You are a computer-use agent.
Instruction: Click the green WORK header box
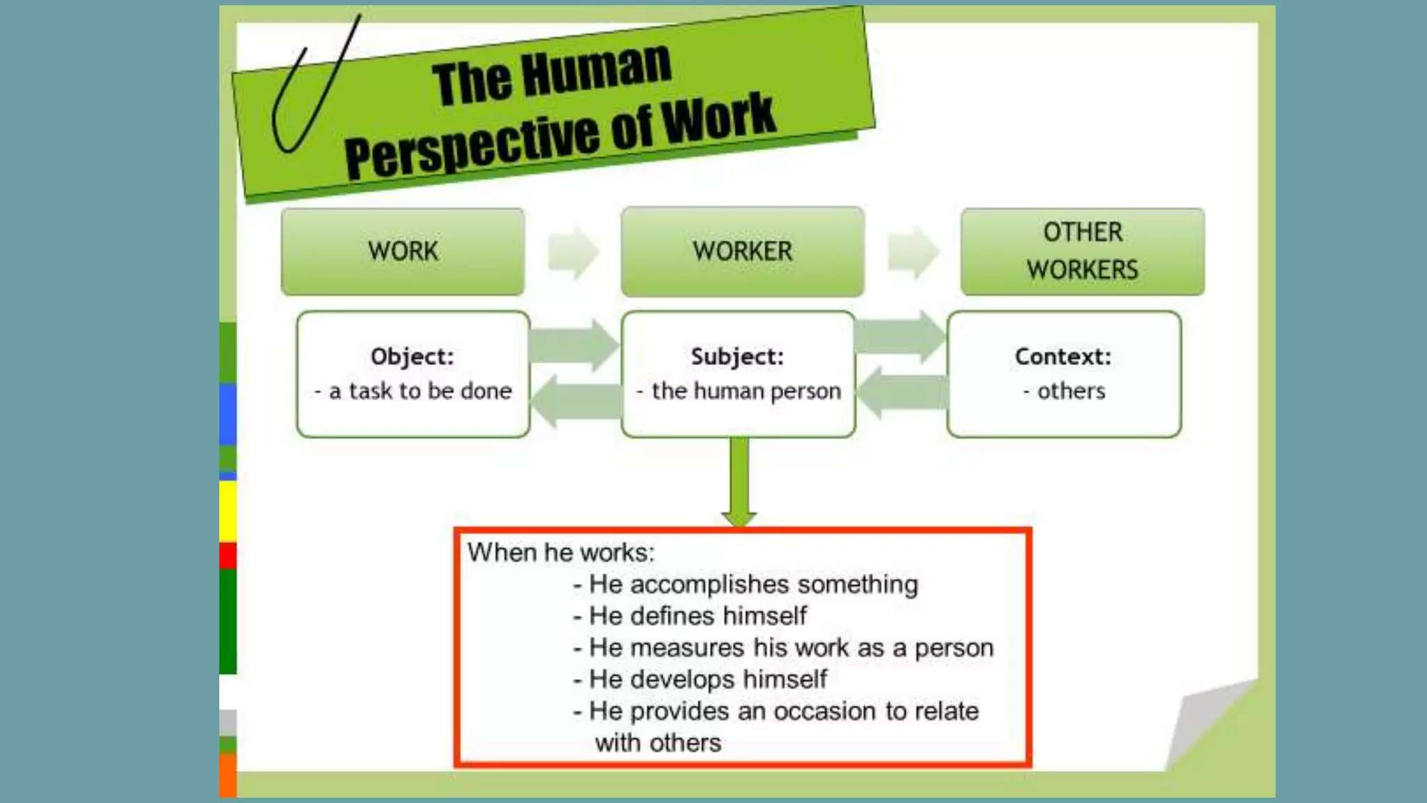pos(403,252)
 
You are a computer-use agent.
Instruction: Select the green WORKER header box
pos(742,252)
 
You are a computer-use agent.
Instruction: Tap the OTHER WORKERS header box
pos(1082,252)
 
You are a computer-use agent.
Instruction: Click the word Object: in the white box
pos(412,357)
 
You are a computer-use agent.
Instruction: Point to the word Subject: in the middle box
pos(737,357)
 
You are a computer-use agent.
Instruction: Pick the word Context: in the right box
pos(1063,357)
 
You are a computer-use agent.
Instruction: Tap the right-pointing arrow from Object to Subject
pos(574,344)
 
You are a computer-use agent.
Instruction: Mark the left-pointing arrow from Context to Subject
pos(902,392)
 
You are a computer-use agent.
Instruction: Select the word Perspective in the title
pos(472,146)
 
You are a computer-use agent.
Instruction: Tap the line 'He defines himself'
pos(697,616)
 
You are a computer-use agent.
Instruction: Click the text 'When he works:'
pos(561,553)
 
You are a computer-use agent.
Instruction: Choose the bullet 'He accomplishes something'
pos(753,584)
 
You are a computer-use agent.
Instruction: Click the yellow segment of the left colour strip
pos(228,511)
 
